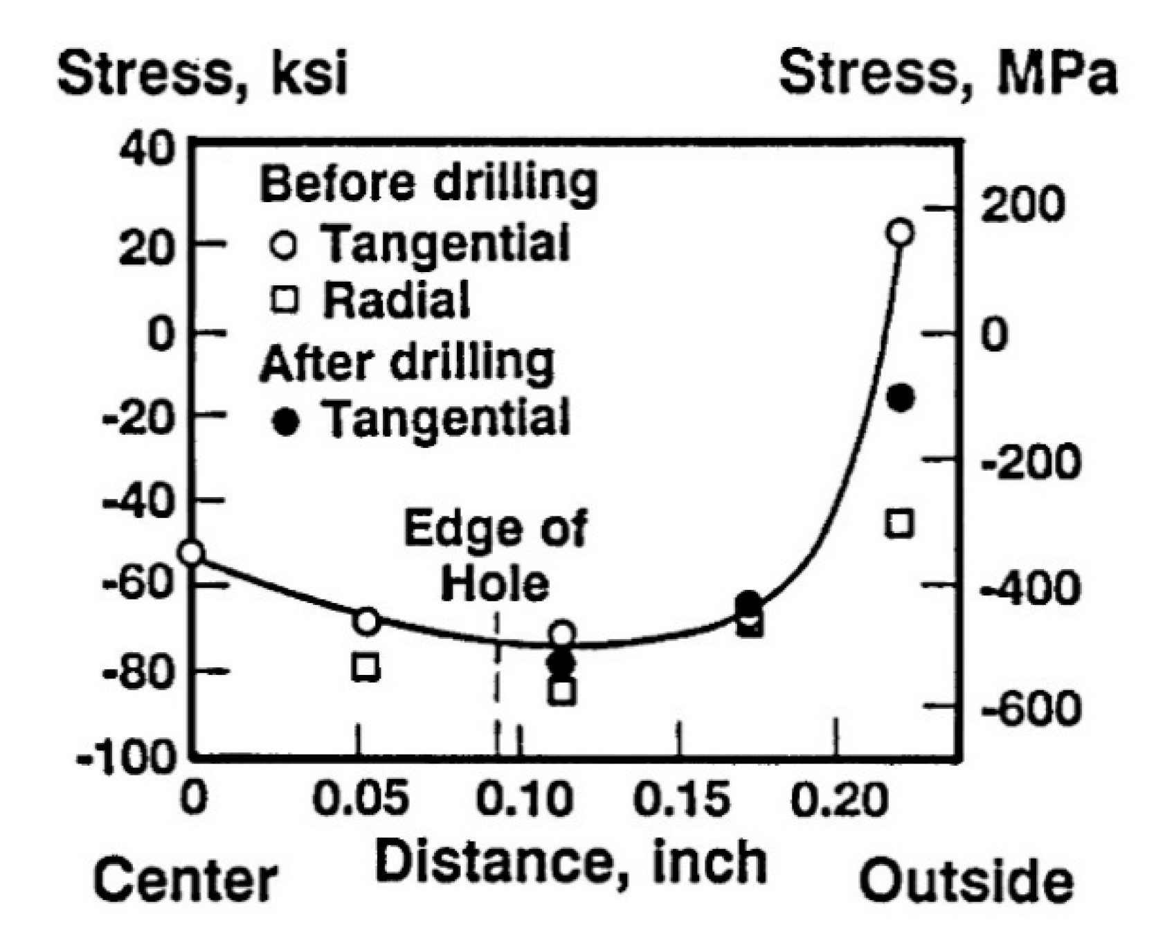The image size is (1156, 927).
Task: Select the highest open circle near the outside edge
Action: pyautogui.click(x=900, y=233)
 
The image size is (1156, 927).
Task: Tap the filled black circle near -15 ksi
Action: pyautogui.click(x=901, y=397)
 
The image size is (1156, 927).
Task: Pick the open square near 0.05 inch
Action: pyautogui.click(x=365, y=667)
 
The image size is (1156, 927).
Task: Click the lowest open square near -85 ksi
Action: pyautogui.click(x=561, y=691)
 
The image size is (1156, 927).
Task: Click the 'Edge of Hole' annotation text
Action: pyautogui.click(x=495, y=556)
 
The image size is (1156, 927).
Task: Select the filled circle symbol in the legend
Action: pyautogui.click(x=285, y=421)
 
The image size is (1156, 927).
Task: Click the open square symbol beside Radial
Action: pyautogui.click(x=285, y=300)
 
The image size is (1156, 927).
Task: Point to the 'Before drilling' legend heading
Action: pyautogui.click(x=428, y=184)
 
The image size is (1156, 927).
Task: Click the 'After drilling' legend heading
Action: pyautogui.click(x=407, y=362)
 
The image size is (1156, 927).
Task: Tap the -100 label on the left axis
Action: pyautogui.click(x=127, y=758)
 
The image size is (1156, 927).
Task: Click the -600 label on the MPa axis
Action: pyautogui.click(x=1030, y=708)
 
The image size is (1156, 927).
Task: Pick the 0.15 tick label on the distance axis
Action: pyautogui.click(x=681, y=799)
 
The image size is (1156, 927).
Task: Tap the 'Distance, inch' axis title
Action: pyautogui.click(x=571, y=862)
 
